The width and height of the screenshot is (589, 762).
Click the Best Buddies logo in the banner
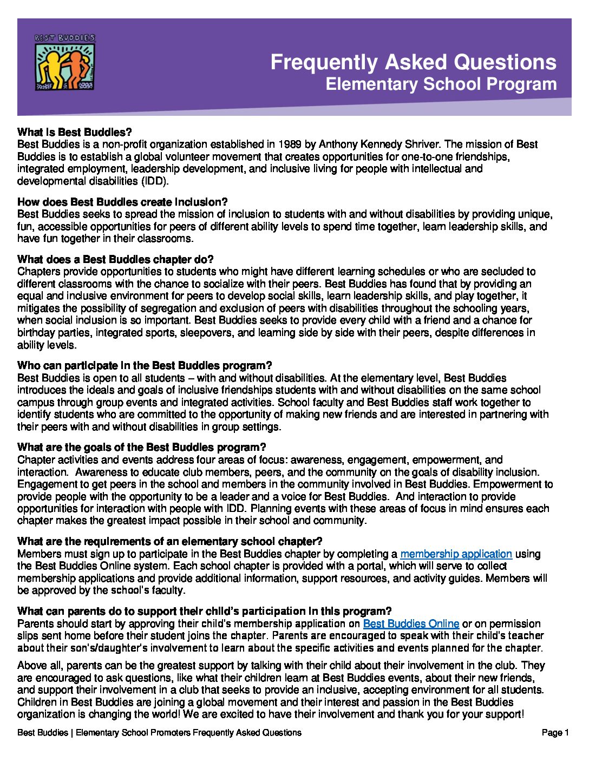[x=65, y=62]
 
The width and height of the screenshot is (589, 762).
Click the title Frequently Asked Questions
[x=413, y=62]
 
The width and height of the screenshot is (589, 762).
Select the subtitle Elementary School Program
[x=441, y=84]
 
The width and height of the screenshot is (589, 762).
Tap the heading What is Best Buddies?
[x=75, y=132]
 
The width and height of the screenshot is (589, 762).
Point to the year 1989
[x=290, y=144]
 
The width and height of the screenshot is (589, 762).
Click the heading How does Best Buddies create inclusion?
[x=122, y=202]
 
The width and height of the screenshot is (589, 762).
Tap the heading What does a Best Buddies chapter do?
[x=115, y=259]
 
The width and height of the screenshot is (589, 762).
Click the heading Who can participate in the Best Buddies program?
[x=145, y=365]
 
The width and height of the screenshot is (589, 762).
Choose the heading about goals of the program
[x=142, y=447]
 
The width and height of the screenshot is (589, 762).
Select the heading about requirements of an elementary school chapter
[x=169, y=541]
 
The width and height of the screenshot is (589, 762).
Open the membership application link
[x=456, y=554]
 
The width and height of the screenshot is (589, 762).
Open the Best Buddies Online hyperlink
[x=411, y=623]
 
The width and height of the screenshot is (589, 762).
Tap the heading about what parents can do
[x=204, y=611]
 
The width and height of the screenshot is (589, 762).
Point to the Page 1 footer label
[x=555, y=733]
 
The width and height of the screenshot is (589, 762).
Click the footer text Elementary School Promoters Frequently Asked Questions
[x=188, y=733]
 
